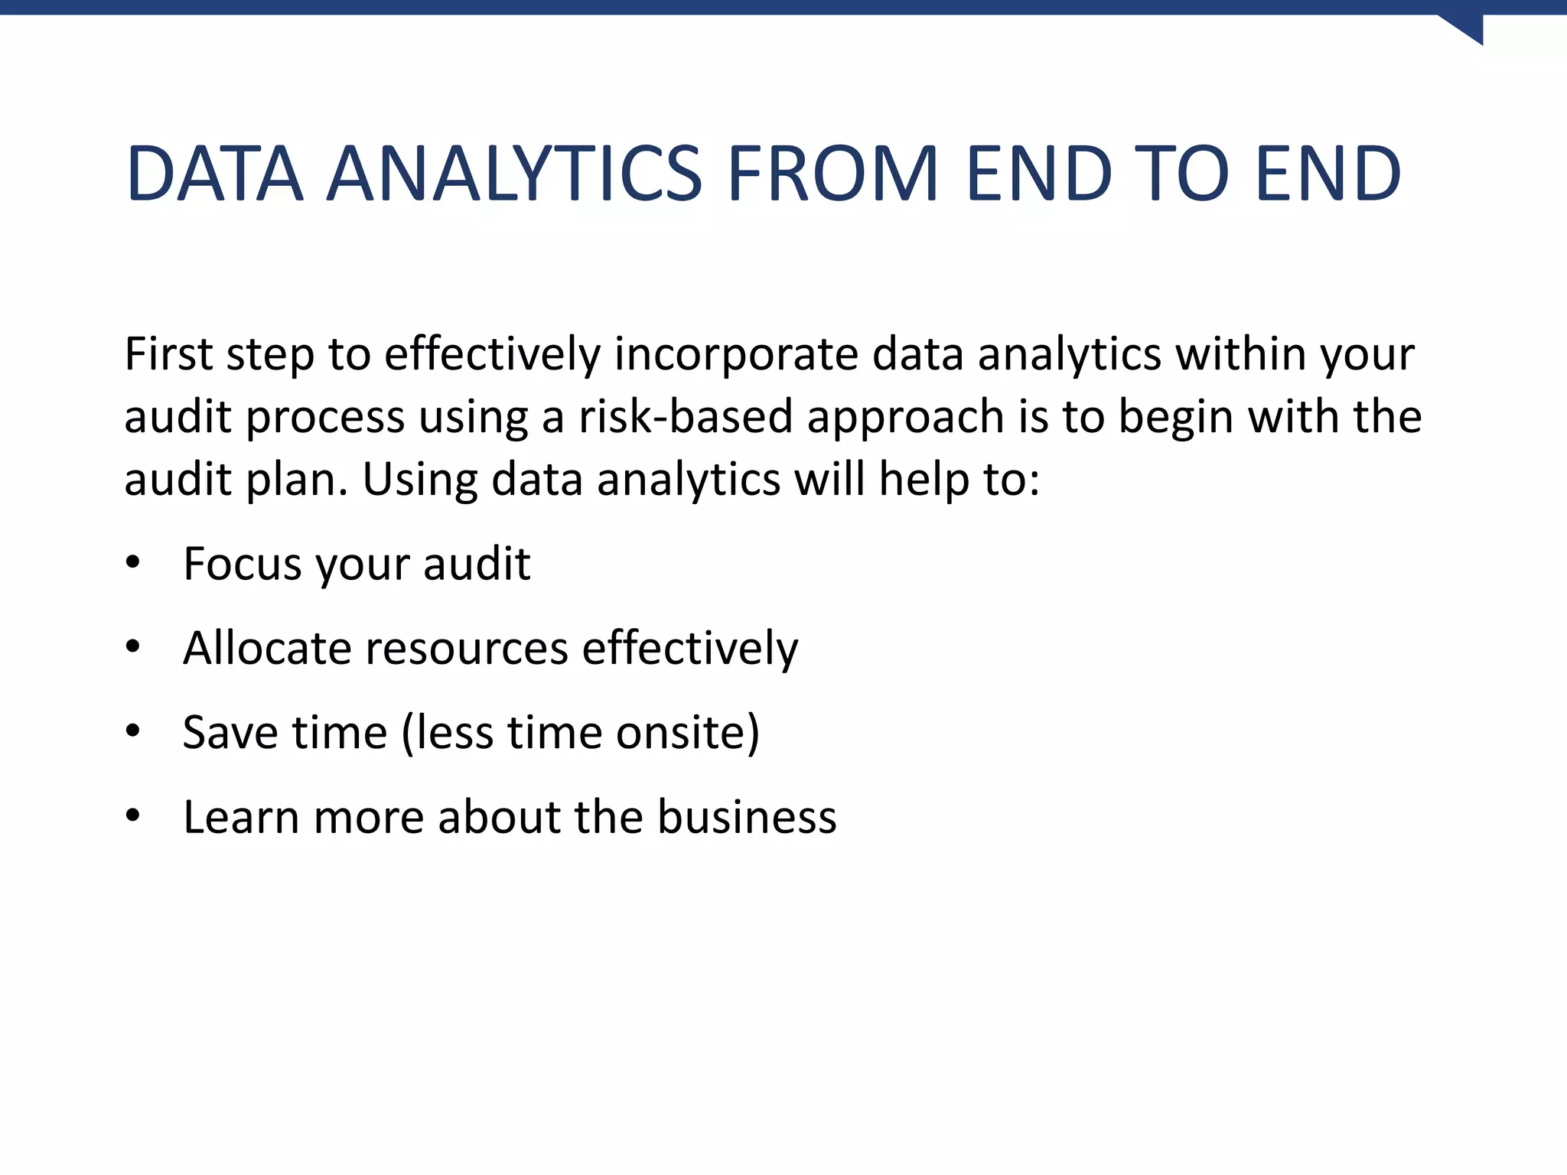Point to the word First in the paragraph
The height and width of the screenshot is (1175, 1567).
coord(168,355)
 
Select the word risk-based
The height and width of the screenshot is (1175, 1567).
coord(685,418)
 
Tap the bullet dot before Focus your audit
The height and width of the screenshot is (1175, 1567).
coord(133,562)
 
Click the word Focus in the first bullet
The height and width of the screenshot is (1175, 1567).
coord(243,565)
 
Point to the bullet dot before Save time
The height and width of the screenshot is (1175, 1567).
coord(133,731)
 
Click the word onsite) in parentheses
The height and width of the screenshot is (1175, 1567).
coord(688,733)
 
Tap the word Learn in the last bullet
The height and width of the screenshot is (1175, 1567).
coord(240,817)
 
